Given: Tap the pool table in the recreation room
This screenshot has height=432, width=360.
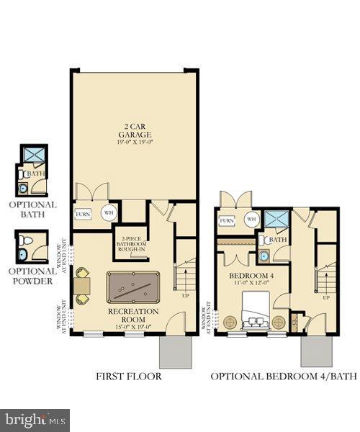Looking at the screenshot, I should coord(131,287).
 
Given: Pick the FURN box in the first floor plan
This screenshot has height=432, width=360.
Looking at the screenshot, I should coord(83,215).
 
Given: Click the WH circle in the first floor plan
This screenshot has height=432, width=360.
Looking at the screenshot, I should coord(108,213).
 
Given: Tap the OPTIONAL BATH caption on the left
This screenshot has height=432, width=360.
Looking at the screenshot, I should coord(33,209).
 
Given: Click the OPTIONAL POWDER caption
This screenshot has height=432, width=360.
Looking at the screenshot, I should coord(33,276).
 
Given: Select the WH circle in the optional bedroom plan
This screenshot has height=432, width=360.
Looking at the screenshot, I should coord(251,219).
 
